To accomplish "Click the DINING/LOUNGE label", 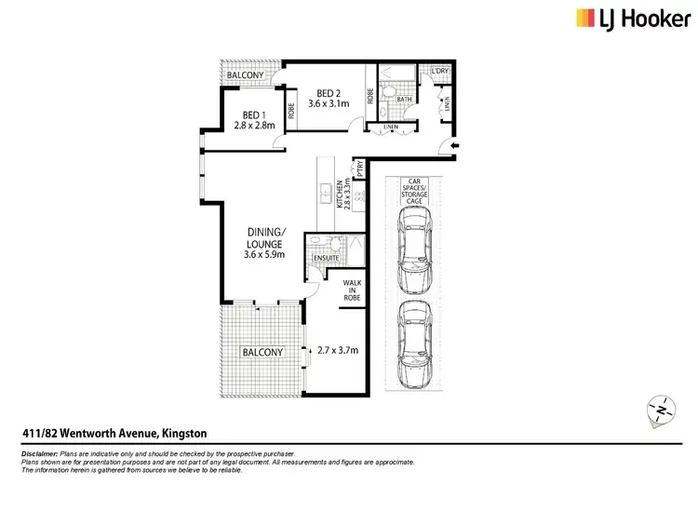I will (265, 243).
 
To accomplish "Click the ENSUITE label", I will (326, 257).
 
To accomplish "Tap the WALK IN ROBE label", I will (352, 289).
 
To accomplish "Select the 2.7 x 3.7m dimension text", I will (339, 350).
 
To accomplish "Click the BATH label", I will (404, 98).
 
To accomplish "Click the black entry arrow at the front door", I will (453, 145).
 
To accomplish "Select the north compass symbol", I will (661, 410).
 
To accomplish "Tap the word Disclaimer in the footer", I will (39, 450).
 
